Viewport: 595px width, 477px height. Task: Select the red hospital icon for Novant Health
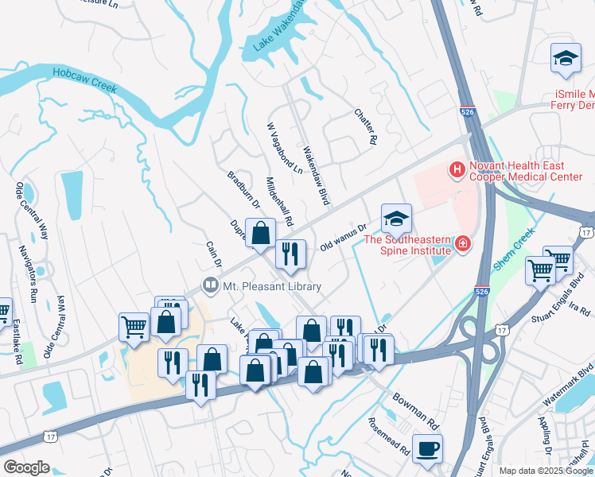[x=457, y=169]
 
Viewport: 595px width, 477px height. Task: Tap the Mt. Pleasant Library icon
[x=211, y=284]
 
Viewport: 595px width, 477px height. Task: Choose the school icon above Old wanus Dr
[x=396, y=217]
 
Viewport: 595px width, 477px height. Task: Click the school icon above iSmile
[x=566, y=59]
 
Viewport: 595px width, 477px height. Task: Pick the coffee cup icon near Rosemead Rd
[x=427, y=448]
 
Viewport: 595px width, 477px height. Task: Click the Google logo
[x=27, y=467]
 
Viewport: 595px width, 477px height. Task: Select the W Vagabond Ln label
[x=285, y=149]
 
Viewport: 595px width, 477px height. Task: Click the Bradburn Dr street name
[x=244, y=189]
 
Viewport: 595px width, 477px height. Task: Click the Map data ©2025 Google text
[x=545, y=471]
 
